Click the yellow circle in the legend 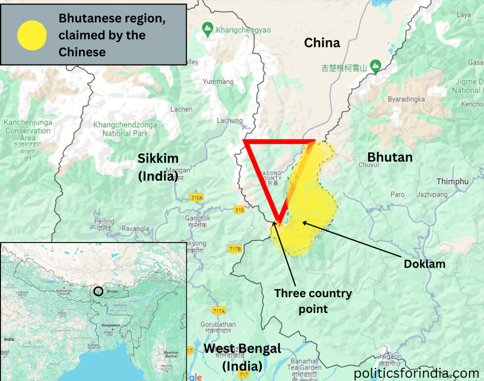32,35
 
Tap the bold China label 322,43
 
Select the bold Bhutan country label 390,157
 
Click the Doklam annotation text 424,264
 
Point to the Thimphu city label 452,182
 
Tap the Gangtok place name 197,218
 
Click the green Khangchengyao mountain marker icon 207,29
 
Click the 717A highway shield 218,311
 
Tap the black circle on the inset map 98,292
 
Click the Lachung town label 229,121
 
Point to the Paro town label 398,194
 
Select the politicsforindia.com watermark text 416,372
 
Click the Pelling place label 104,221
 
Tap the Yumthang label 218,82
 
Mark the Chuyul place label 369,165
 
